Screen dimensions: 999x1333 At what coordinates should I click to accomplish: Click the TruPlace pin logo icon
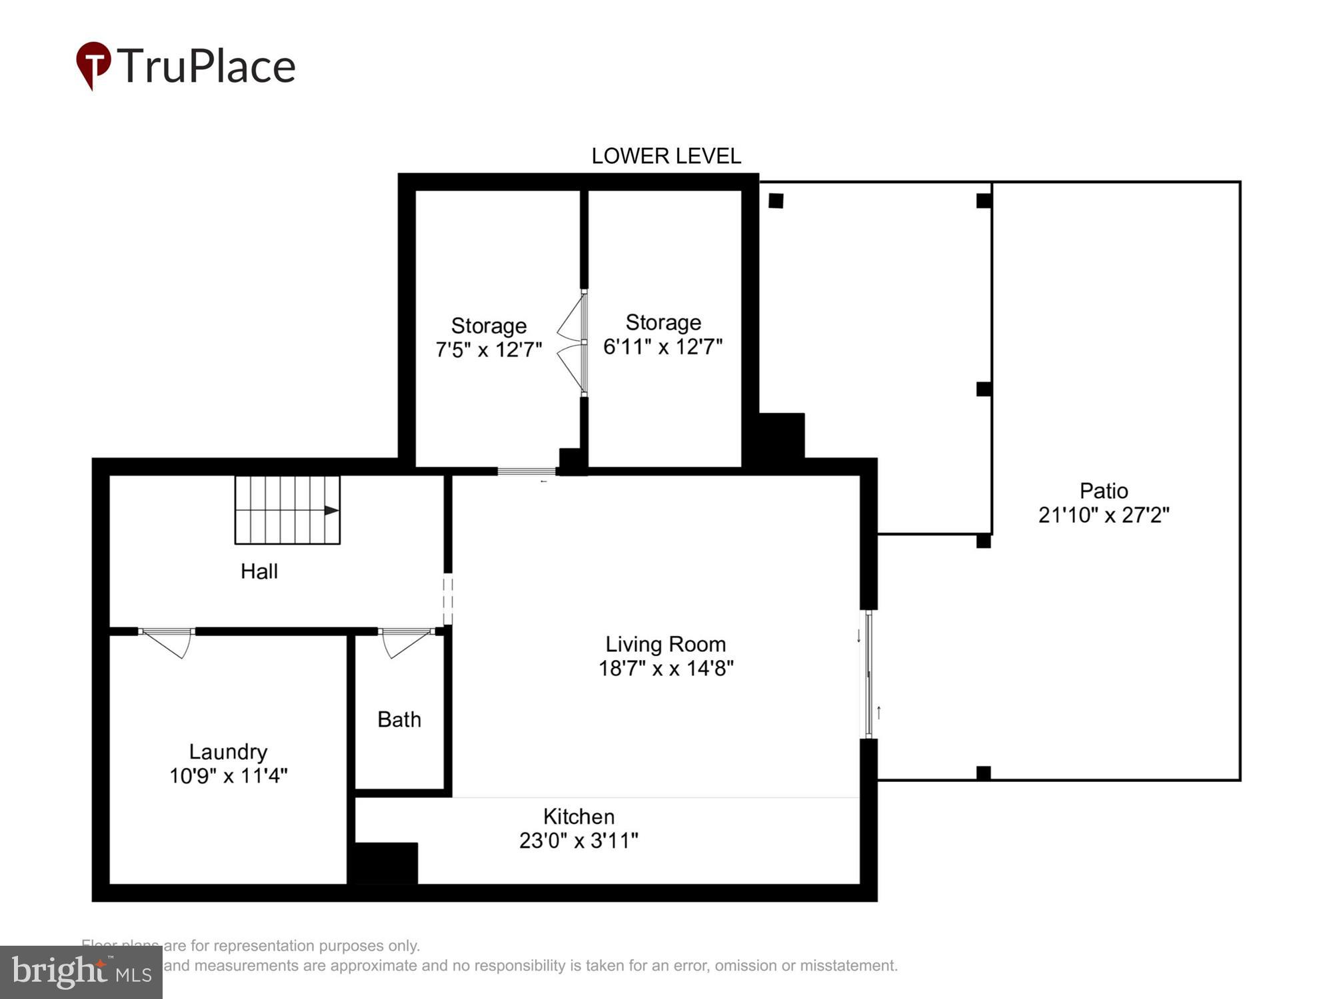(x=93, y=64)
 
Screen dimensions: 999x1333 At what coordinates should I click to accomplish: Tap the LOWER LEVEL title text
(x=666, y=156)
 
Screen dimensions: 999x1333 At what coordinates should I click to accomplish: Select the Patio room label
(x=1104, y=491)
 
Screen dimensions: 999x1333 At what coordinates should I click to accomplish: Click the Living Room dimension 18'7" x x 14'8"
(x=666, y=668)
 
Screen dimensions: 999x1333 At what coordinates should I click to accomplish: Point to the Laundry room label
(x=228, y=751)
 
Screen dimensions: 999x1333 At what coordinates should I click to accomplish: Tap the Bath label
(x=399, y=719)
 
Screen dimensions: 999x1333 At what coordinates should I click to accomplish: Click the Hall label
(x=259, y=571)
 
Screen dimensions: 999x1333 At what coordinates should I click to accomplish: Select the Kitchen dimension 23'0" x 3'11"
(x=579, y=840)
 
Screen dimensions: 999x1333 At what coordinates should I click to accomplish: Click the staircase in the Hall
(x=287, y=509)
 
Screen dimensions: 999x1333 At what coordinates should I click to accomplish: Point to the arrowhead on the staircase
(x=331, y=510)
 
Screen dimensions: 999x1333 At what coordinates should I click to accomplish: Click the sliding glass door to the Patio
(x=868, y=674)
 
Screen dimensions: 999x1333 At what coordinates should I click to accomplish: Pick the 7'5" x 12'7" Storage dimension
(x=489, y=350)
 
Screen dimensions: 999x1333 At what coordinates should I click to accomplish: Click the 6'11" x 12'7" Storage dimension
(x=663, y=346)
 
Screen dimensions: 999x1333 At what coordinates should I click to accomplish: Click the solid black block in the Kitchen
(x=384, y=862)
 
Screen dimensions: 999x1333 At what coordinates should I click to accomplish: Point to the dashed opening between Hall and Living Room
(x=448, y=599)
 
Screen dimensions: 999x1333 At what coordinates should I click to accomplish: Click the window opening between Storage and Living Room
(x=527, y=472)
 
